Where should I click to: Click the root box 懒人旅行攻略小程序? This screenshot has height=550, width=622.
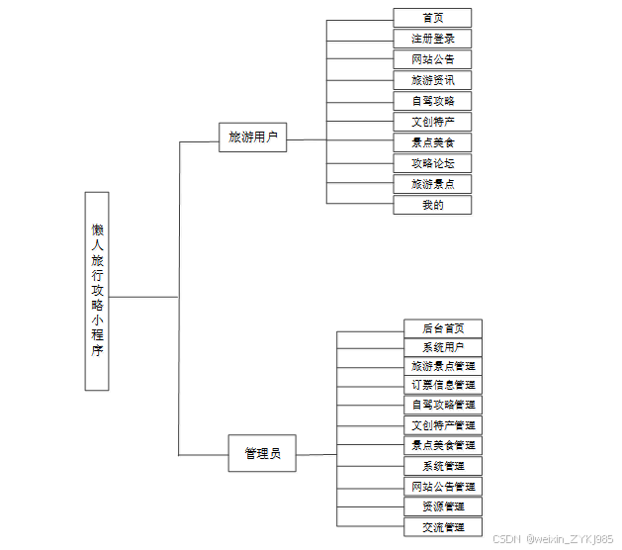[97, 290]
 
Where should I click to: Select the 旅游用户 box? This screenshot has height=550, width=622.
[252, 137]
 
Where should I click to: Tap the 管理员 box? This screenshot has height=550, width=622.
[262, 453]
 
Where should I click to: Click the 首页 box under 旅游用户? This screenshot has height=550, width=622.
[432, 18]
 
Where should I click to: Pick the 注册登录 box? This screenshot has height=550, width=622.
[432, 39]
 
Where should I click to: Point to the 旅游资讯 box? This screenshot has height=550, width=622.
[432, 80]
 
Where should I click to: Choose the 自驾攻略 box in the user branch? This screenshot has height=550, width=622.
[432, 101]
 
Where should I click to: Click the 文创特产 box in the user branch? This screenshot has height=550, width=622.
[432, 122]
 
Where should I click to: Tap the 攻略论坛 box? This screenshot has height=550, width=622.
[432, 163]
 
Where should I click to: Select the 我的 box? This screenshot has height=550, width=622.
[432, 205]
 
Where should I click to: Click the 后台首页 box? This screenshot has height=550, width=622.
[443, 328]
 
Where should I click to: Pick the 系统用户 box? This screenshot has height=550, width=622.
[443, 347]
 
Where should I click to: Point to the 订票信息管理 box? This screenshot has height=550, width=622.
[443, 385]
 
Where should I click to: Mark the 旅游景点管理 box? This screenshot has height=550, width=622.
[443, 366]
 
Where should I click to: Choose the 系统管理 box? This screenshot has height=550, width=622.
[443, 466]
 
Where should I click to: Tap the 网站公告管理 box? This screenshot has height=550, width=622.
[443, 487]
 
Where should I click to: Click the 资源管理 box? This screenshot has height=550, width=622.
[443, 506]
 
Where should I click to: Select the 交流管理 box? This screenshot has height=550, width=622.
[443, 527]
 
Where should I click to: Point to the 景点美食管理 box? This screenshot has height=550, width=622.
[443, 445]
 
